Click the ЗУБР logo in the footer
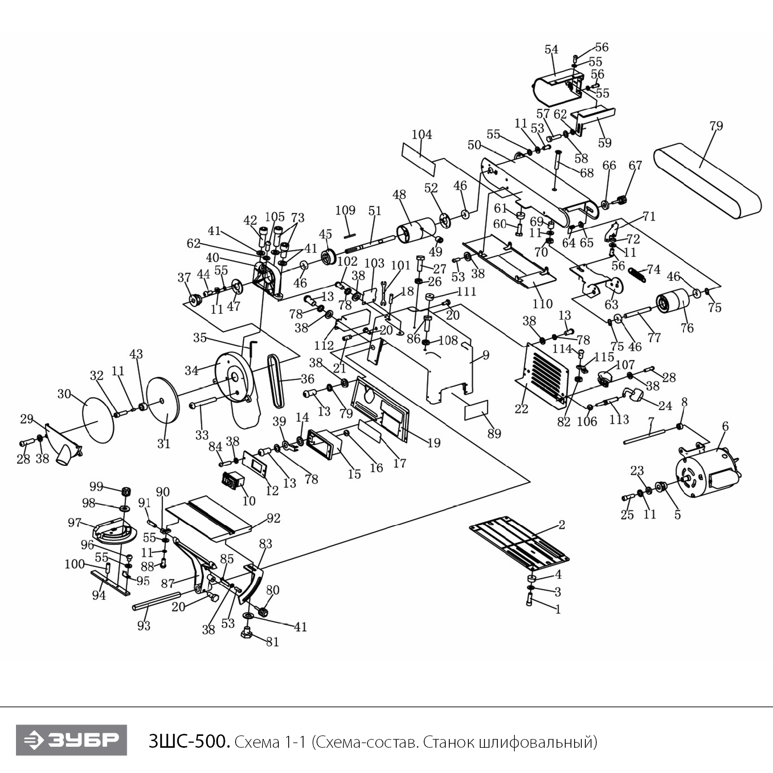[71, 740]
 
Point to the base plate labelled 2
[520, 545]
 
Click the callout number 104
[422, 135]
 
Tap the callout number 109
[345, 210]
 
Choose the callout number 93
[144, 626]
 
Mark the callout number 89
[494, 433]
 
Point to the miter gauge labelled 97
[114, 531]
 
